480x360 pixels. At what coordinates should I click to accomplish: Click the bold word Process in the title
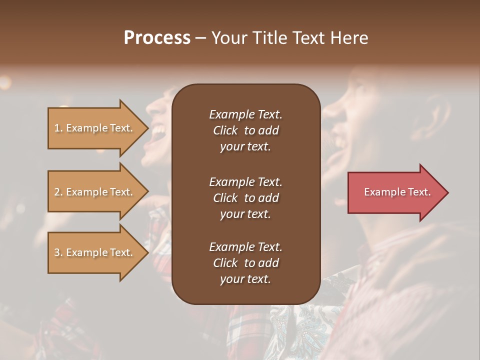(157, 38)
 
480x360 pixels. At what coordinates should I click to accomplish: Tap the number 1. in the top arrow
(58, 128)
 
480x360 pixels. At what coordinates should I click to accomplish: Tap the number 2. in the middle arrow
(58, 192)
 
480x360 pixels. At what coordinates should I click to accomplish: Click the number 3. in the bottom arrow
(58, 252)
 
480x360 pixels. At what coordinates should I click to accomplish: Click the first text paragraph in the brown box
(245, 130)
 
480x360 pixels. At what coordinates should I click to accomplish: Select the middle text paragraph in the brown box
(245, 197)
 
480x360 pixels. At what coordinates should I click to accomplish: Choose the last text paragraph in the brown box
(245, 263)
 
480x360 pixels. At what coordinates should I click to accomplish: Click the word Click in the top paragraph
(225, 130)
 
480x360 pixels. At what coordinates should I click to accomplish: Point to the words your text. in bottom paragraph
(245, 279)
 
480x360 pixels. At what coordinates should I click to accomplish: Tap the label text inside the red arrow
(397, 192)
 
